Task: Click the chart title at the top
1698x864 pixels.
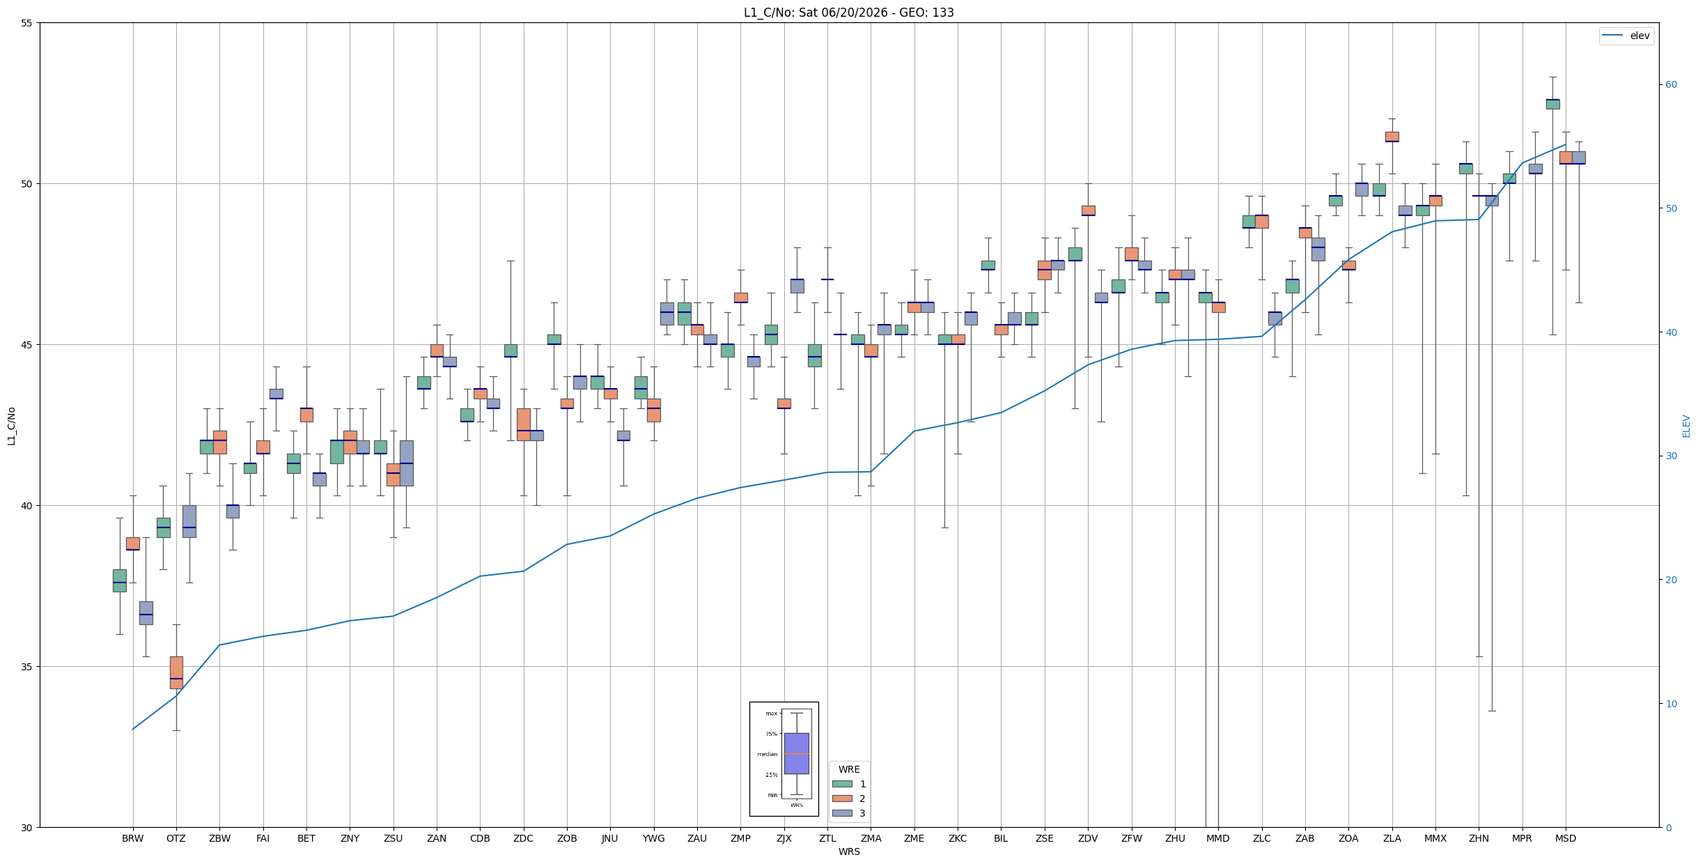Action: click(x=849, y=13)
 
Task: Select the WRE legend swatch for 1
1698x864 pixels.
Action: click(x=842, y=784)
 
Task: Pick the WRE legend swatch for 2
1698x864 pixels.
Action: click(x=842, y=799)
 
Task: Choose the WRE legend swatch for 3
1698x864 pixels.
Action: click(x=842, y=813)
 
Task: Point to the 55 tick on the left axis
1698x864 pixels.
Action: click(x=27, y=23)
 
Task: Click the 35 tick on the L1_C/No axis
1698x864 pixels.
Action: click(x=27, y=667)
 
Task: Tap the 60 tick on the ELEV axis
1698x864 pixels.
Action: click(x=1671, y=85)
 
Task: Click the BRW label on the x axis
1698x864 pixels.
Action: click(x=132, y=838)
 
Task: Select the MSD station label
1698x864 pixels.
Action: click(x=1566, y=838)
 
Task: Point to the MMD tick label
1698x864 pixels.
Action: click(x=1218, y=838)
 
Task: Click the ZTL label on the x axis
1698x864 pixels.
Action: click(x=827, y=838)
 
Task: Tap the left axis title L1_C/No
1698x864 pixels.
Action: click(x=11, y=425)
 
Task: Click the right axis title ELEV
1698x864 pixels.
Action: click(x=1686, y=426)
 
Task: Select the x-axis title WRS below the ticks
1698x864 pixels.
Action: click(x=849, y=851)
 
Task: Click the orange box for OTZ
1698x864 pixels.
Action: click(x=176, y=672)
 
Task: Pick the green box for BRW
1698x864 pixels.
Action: click(x=120, y=580)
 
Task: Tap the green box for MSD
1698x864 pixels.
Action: click(x=1552, y=104)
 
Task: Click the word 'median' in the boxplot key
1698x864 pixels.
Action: click(x=768, y=754)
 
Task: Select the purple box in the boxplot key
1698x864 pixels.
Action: click(x=797, y=753)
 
